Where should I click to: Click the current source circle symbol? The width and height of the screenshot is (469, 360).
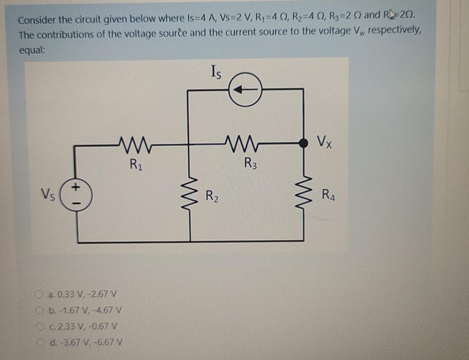(x=245, y=90)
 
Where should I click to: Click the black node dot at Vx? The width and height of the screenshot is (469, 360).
(x=303, y=143)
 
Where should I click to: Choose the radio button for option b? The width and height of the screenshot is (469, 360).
(x=40, y=310)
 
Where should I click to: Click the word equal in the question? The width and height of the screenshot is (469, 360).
(x=32, y=50)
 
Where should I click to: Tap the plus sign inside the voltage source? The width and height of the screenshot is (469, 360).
(x=76, y=188)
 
